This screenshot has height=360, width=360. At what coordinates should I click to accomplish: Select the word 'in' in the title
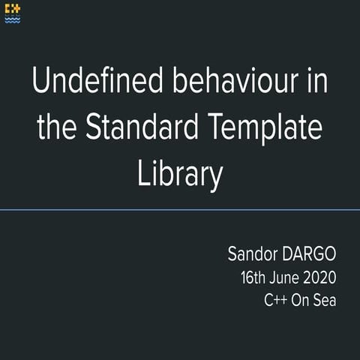tap(317, 81)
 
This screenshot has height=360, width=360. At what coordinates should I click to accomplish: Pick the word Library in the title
tap(180, 175)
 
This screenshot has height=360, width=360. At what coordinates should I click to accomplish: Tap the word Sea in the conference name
tap(324, 300)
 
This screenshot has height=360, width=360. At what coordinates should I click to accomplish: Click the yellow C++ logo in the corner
tap(13, 10)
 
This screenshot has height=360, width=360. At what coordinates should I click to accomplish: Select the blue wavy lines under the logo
tap(13, 20)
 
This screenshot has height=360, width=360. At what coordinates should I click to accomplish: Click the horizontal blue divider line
tap(180, 210)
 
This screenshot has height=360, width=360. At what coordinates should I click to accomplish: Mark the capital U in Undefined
tap(41, 81)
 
